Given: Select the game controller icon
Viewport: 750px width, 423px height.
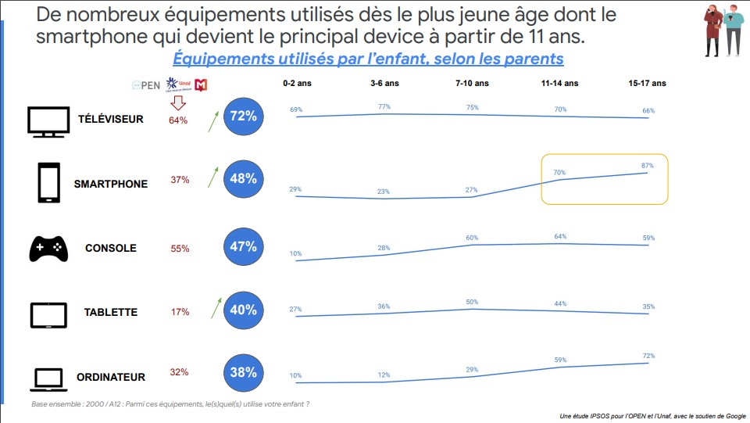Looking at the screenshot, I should click(48, 248).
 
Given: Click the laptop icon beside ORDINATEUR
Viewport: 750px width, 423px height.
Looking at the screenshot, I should click(48, 379).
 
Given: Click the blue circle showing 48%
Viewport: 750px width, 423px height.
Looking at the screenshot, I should click(243, 179).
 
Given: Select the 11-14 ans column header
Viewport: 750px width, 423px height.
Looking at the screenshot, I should click(559, 83).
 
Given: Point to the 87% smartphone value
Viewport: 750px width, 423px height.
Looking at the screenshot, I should click(648, 166).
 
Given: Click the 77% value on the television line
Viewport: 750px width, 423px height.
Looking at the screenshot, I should click(384, 106).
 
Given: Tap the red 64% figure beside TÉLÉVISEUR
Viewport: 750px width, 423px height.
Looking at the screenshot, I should click(178, 120).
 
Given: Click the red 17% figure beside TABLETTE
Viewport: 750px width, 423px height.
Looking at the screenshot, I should click(180, 312).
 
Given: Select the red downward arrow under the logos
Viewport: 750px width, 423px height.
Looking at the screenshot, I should click(178, 102).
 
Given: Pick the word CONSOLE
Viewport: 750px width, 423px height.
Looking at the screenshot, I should click(111, 249).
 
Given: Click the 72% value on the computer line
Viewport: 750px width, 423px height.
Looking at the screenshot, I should click(648, 357).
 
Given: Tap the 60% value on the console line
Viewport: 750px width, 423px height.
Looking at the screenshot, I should click(472, 238).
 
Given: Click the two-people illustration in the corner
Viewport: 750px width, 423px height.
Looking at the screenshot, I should click(723, 29).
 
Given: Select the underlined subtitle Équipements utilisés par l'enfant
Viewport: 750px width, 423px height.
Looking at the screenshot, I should click(367, 59).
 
